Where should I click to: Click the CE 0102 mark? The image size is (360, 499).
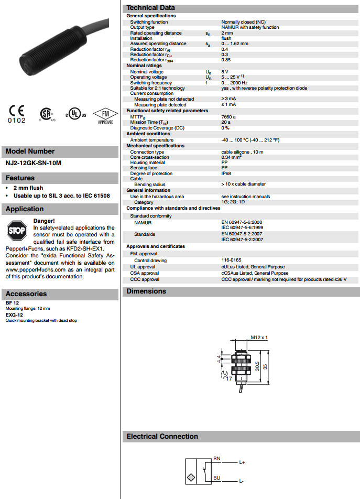[16, 114]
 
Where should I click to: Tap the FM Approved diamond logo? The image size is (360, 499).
[105, 115]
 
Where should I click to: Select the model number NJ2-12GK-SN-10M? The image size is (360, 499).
[34, 163]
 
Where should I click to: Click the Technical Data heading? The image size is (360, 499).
[151, 7]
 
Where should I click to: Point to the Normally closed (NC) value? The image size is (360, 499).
[243, 22]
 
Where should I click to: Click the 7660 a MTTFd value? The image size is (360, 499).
[228, 117]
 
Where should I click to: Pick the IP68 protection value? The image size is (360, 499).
[226, 173]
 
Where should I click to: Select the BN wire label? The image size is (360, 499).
[216, 459]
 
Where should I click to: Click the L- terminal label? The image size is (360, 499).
[242, 481]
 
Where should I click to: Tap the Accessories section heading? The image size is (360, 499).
[26, 294]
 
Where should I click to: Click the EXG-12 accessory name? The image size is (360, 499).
[14, 314]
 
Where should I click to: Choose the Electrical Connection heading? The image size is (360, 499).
[162, 436]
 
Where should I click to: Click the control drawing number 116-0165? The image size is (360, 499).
[231, 261]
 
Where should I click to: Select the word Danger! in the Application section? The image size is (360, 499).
[44, 221]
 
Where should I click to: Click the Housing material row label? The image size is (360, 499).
[148, 162]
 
